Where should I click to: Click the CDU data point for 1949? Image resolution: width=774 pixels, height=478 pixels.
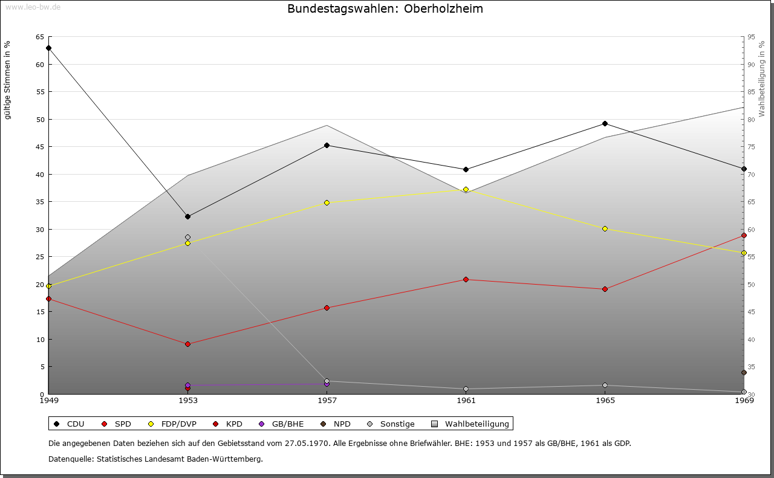[48, 48]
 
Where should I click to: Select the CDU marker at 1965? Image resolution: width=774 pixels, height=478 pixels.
[605, 124]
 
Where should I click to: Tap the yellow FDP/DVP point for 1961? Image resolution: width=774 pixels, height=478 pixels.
[466, 189]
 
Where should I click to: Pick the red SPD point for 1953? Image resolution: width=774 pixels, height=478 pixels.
[187, 344]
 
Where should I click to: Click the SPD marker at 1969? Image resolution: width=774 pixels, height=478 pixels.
[744, 235]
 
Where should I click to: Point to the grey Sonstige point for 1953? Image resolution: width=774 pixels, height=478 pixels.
[187, 237]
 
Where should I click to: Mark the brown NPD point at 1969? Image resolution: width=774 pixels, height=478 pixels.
[744, 372]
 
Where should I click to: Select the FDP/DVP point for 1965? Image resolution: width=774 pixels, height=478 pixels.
[605, 228]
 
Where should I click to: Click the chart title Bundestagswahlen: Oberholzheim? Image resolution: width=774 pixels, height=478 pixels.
[385, 9]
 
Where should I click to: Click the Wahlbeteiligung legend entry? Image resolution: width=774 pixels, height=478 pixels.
[472, 424]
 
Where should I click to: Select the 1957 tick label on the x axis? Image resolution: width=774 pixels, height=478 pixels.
[327, 400]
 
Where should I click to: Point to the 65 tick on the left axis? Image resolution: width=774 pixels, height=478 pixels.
[39, 37]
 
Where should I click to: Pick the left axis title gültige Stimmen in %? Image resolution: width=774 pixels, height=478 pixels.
[8, 80]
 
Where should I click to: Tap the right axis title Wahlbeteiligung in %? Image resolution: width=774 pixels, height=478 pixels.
[762, 79]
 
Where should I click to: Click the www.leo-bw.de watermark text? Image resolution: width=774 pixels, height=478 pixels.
[33, 7]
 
